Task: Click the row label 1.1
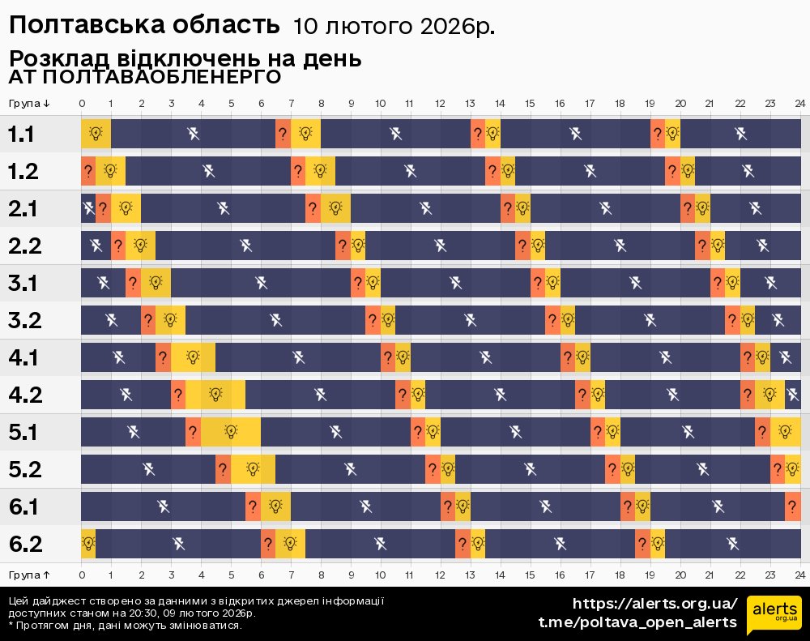[x=21, y=134]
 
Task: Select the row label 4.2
[x=24, y=395]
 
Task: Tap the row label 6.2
[x=24, y=544]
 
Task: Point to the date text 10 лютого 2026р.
[x=394, y=27]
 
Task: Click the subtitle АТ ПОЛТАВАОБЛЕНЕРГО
[x=145, y=77]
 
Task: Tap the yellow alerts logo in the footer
[x=774, y=612]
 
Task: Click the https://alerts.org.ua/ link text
[x=655, y=604]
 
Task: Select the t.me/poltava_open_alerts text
[x=637, y=622]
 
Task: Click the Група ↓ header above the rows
[x=30, y=103]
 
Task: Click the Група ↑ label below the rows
[x=30, y=575]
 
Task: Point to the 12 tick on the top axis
[x=440, y=103]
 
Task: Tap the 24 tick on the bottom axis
[x=799, y=575]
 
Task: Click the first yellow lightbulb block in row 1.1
[x=96, y=134]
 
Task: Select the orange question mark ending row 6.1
[x=792, y=506]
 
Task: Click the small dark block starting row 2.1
[x=88, y=208]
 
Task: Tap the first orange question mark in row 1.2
[x=88, y=171]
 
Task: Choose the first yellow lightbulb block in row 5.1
[x=231, y=432]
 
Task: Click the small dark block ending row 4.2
[x=792, y=395]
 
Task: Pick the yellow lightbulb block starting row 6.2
[x=88, y=544]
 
